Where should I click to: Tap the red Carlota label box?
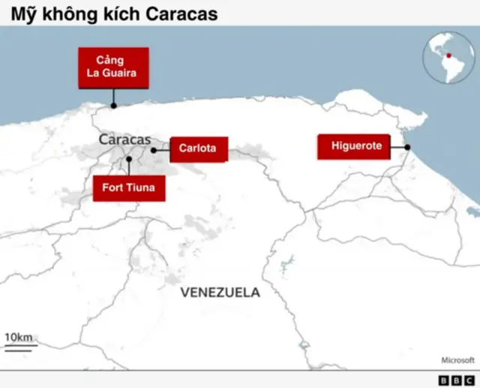(x=197, y=148)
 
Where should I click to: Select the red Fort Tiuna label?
(x=128, y=187)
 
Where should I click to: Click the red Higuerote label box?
(x=356, y=147)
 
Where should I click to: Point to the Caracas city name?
(x=124, y=139)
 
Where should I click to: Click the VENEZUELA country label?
(x=220, y=293)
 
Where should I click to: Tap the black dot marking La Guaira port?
(x=114, y=106)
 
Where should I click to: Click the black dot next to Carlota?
(x=153, y=150)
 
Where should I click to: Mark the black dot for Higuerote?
(x=407, y=148)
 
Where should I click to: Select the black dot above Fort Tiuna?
(x=129, y=159)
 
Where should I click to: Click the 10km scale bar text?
(x=19, y=338)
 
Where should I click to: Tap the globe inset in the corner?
(x=448, y=58)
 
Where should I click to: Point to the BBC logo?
(x=456, y=380)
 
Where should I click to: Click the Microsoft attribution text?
(x=457, y=360)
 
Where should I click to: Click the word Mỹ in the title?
(x=22, y=13)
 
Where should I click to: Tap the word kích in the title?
(x=121, y=13)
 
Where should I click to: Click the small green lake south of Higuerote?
(x=286, y=263)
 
